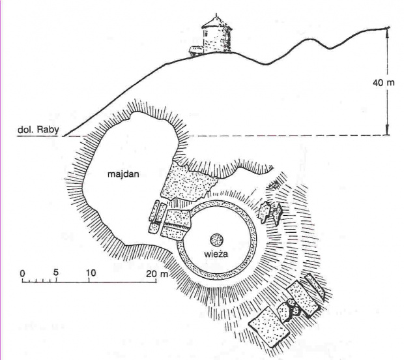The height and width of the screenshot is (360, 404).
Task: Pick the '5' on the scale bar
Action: pos(56,272)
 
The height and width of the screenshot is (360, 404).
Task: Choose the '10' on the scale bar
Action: pos(91,272)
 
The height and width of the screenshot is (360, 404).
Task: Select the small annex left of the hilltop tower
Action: pos(195,50)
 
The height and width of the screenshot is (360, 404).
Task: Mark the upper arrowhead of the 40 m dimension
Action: pos(388,30)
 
